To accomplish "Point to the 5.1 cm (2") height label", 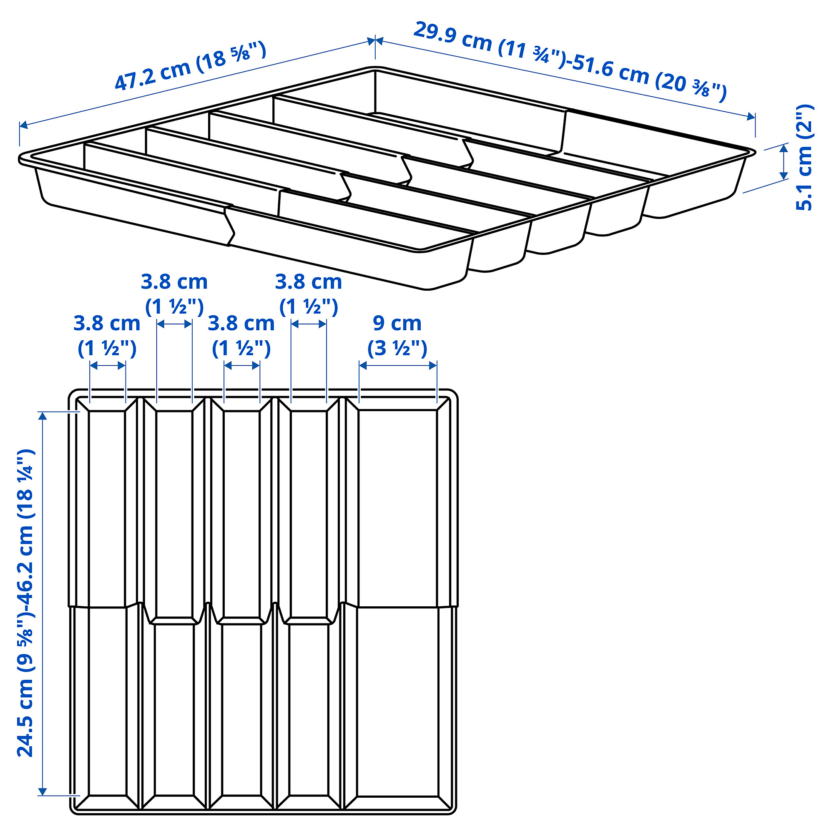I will (804, 158).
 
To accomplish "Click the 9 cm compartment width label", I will (397, 323).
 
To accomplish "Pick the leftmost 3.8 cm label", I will (107, 323).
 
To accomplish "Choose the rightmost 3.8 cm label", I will (308, 282).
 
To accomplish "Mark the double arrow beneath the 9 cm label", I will (397, 366).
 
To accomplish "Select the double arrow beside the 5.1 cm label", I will (784, 162).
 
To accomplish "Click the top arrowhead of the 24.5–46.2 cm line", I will (42, 415).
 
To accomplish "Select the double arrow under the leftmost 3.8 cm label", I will (108, 366).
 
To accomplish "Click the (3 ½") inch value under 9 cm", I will (397, 348).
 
